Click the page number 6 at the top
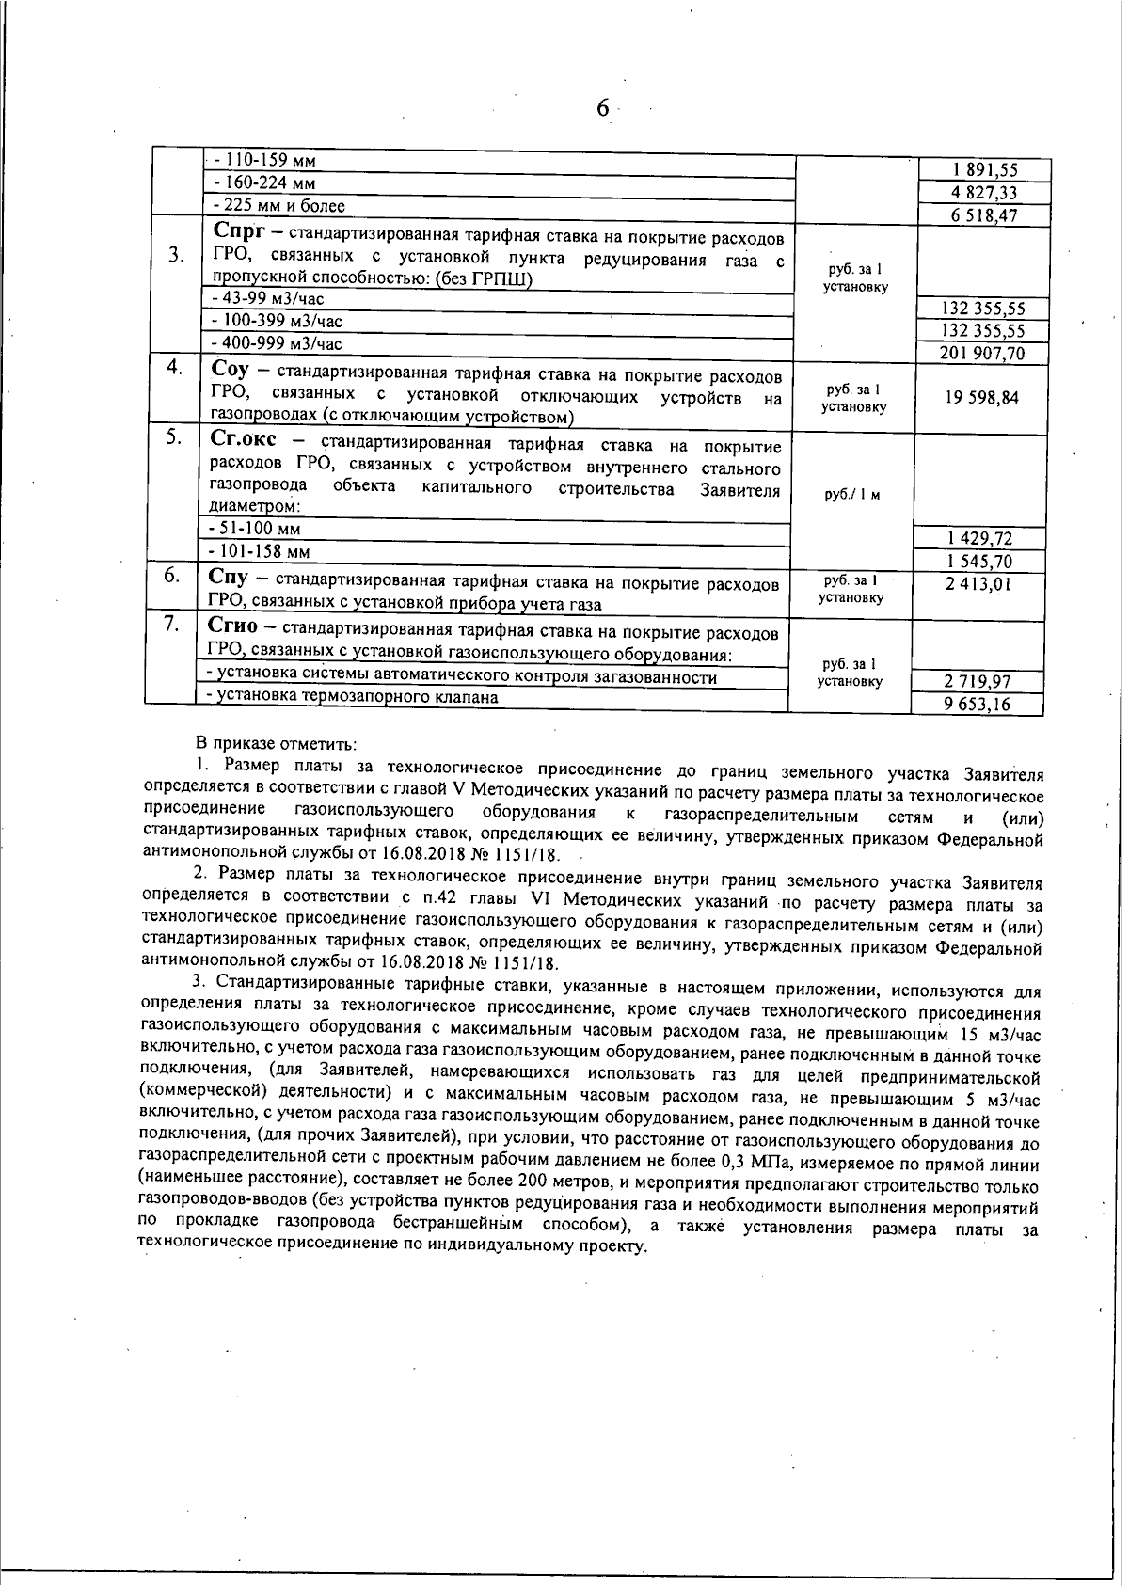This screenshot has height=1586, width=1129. [x=603, y=109]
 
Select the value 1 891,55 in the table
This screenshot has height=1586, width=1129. [x=983, y=171]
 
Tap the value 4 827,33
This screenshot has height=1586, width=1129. [x=983, y=194]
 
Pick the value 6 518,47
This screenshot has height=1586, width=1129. [x=983, y=215]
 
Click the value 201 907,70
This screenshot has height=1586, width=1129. [x=982, y=354]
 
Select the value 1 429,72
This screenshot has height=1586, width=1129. [x=981, y=539]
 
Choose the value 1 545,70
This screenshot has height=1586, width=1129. [x=981, y=562]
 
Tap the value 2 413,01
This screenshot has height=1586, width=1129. [x=981, y=584]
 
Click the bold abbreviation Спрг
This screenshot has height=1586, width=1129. [x=240, y=231]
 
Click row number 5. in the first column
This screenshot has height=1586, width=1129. [x=173, y=437]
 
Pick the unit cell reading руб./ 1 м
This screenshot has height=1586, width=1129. [x=851, y=495]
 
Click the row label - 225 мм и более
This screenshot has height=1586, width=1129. [x=279, y=206]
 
